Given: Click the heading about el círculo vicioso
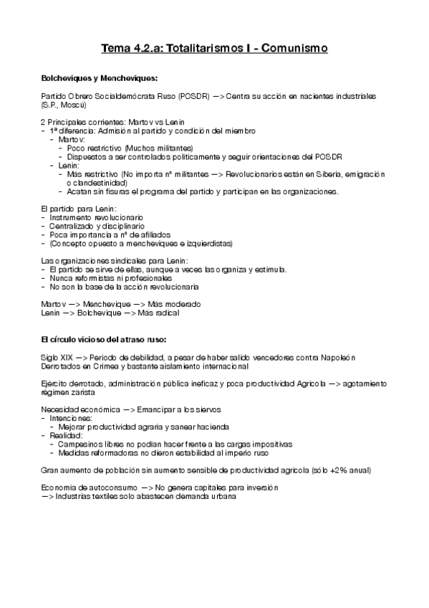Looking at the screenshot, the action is [x=104, y=337].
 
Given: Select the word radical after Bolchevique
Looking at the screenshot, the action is [x=163, y=313].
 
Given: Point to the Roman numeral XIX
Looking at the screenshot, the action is [x=63, y=357].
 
